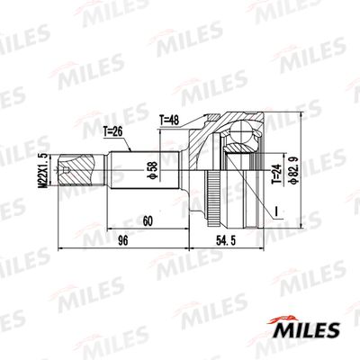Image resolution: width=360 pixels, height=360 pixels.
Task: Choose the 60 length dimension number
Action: point(148,220)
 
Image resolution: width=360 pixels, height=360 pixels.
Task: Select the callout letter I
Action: point(279,212)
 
